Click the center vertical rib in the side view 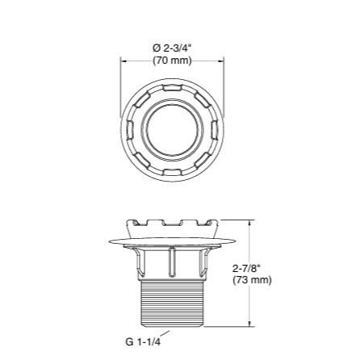click(x=171, y=262)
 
